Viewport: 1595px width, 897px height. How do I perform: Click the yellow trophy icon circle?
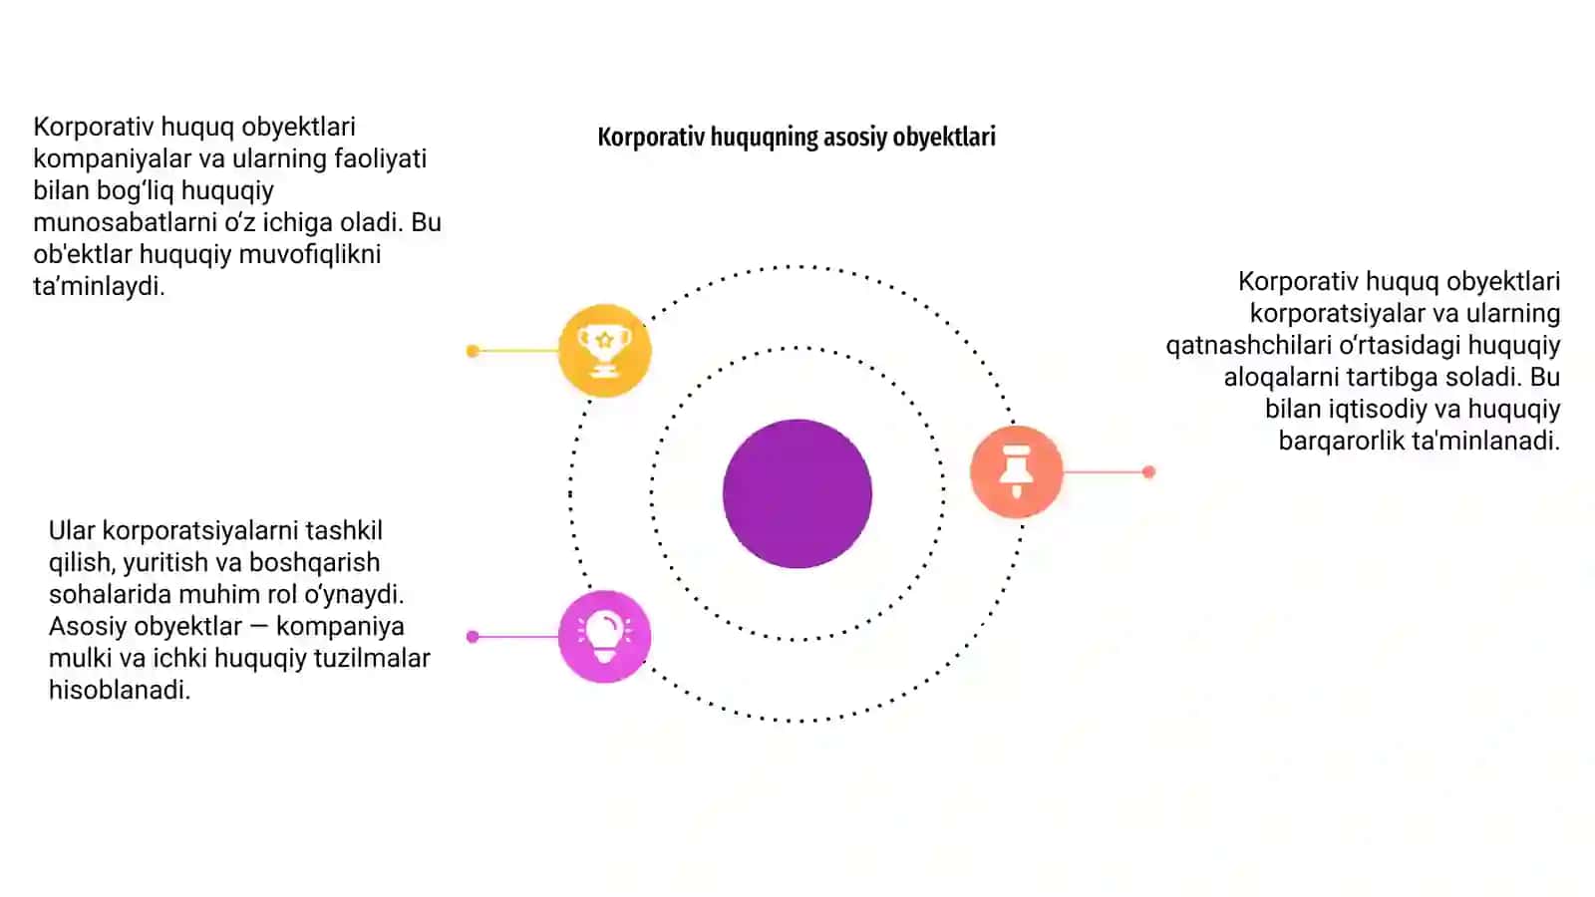click(604, 350)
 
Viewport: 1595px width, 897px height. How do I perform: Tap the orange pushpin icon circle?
click(1017, 471)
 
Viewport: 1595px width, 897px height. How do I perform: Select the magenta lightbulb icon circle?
click(604, 637)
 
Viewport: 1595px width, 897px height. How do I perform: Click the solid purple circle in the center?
click(797, 493)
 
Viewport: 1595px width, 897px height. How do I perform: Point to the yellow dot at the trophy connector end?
click(473, 351)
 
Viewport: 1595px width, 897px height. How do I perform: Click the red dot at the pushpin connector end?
click(1148, 472)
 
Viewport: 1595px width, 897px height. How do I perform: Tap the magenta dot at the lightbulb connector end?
click(473, 637)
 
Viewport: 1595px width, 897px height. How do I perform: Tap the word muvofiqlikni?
click(310, 255)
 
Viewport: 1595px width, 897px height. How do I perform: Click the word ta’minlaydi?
click(99, 286)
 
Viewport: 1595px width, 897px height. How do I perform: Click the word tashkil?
click(344, 531)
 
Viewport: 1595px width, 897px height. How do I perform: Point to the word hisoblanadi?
click(120, 691)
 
